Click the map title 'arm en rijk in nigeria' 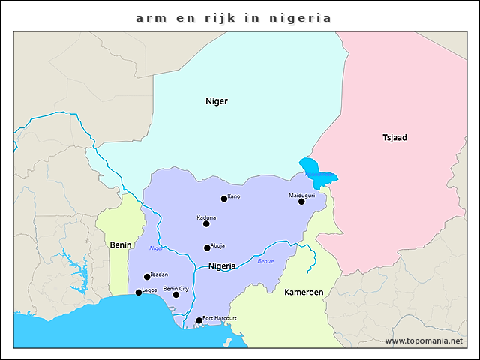233,17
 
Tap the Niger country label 217,100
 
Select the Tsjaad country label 394,137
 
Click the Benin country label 121,244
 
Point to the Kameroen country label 304,291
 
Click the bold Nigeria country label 222,265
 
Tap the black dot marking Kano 223,199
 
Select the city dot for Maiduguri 301,201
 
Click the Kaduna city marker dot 206,223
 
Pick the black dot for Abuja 207,247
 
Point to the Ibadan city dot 147,277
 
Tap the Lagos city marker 138,292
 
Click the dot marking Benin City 176,295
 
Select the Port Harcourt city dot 199,321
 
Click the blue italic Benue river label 266,261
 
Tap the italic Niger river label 156,247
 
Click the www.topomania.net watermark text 424,340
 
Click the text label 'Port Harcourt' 220,318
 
